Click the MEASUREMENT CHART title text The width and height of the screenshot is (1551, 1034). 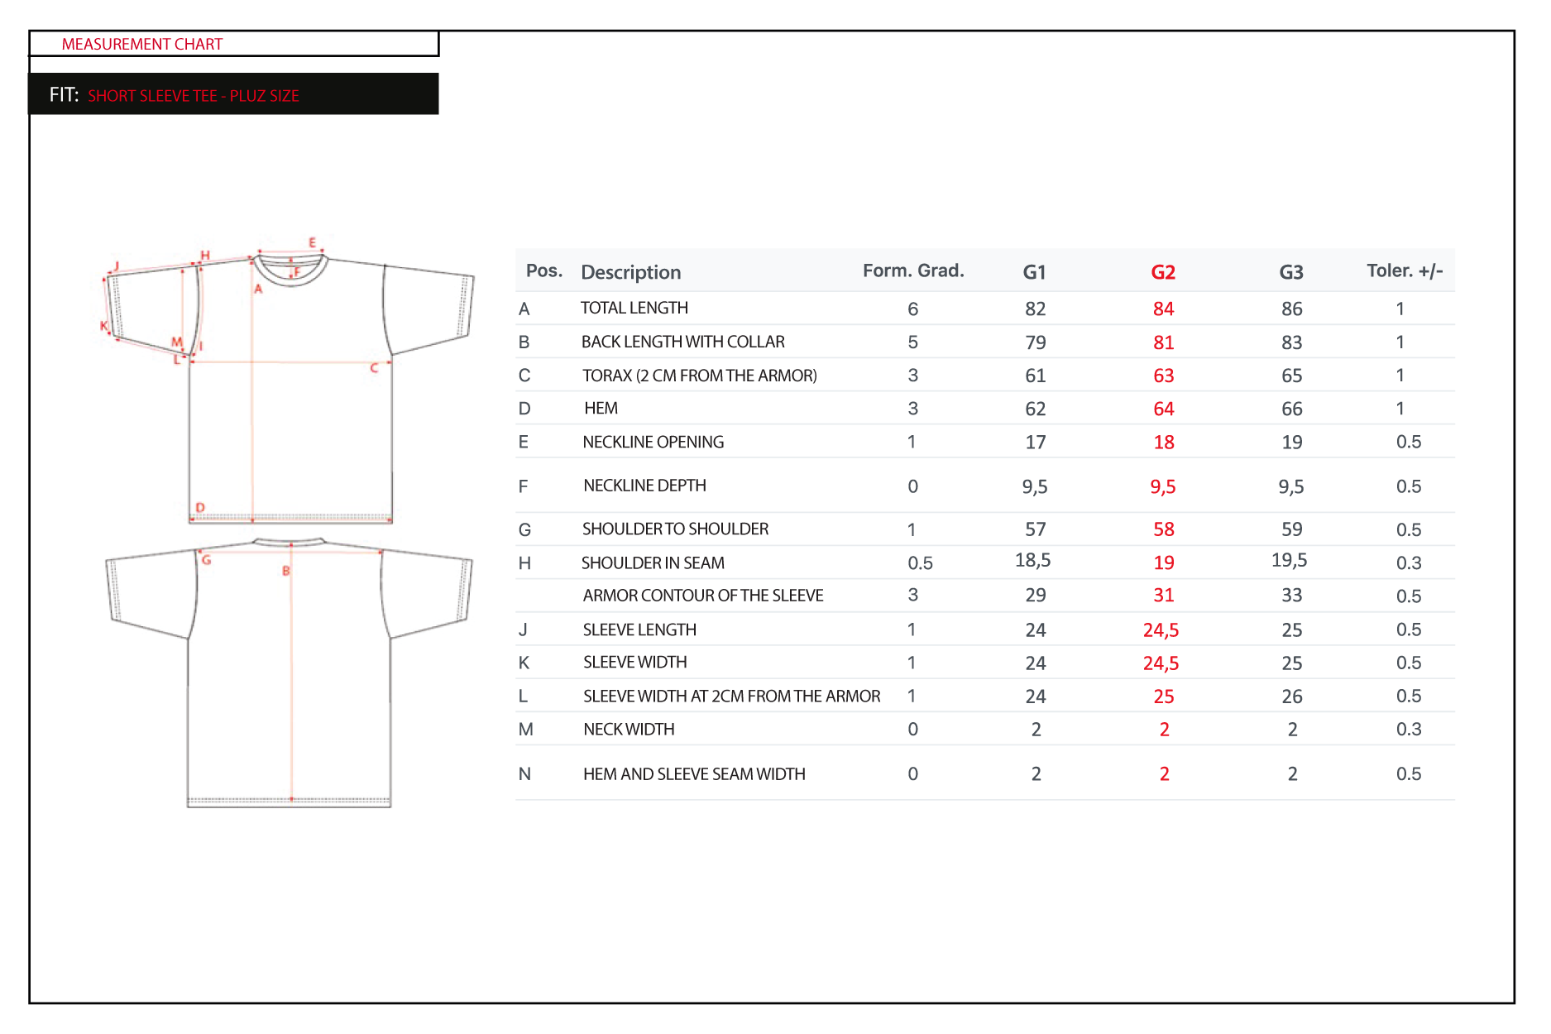[x=142, y=44]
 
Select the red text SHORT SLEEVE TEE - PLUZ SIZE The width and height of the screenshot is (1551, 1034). [x=194, y=96]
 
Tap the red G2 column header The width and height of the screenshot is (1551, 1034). [x=1163, y=272]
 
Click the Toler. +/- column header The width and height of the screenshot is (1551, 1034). [x=1405, y=270]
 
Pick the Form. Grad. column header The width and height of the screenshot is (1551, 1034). [x=913, y=270]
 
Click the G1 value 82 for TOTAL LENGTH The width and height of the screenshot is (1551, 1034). [x=1035, y=309]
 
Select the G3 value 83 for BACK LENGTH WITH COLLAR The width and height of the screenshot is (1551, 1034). [x=1291, y=342]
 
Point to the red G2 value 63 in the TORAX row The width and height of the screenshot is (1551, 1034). [x=1163, y=376]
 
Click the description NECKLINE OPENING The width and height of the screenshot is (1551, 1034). [x=653, y=442]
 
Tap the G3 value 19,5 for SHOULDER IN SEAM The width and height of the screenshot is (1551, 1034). [x=1289, y=560]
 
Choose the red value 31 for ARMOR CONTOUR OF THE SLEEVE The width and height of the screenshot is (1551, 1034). [x=1163, y=595]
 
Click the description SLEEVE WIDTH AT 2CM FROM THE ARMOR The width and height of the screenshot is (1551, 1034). [x=731, y=696]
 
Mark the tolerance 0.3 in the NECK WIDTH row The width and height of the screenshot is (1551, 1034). [x=1408, y=729]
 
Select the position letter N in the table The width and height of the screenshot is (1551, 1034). [x=524, y=773]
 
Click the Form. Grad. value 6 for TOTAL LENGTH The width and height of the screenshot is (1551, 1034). [x=912, y=309]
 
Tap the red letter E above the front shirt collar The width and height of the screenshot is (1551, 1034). [x=312, y=242]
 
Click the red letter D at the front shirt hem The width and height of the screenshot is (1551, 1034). [x=199, y=507]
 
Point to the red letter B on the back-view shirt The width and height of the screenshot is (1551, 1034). [x=285, y=570]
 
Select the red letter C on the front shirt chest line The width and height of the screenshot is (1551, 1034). [x=374, y=368]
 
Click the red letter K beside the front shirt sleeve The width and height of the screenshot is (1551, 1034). [x=103, y=325]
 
